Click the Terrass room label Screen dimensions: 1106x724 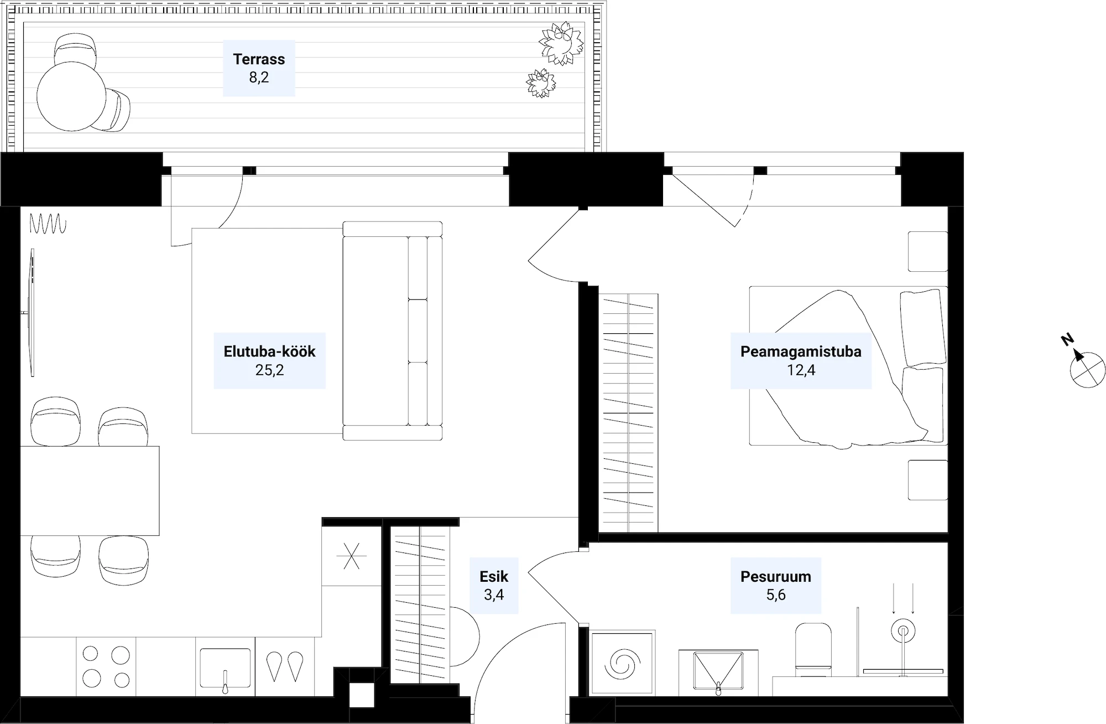259,59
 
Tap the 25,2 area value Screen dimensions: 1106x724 270,370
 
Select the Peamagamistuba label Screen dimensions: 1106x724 801,351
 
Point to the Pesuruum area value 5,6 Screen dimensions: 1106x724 776,594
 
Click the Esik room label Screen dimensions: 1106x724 494,576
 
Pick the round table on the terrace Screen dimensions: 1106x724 71,96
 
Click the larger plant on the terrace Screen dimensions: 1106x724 561,43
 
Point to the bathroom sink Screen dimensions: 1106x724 718,673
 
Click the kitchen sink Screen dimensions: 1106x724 225,669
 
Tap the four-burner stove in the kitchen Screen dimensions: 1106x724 106,666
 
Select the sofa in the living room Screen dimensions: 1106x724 393,331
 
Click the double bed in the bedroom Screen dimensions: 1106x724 848,366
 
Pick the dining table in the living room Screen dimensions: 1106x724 90,491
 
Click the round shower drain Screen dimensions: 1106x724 902,630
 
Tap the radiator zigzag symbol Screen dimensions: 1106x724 48,224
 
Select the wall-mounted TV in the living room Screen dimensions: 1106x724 31,313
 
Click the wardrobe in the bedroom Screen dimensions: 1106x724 629,413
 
